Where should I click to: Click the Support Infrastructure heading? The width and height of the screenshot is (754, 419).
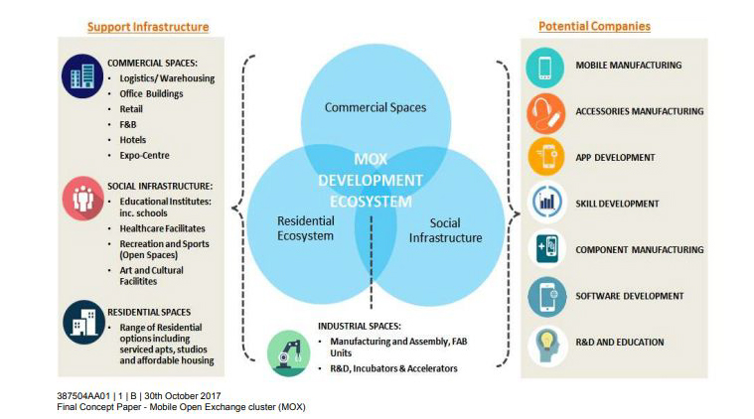coord(148,27)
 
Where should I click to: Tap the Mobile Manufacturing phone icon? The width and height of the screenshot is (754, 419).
coord(545,67)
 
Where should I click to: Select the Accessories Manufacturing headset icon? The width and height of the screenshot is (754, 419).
coord(545,112)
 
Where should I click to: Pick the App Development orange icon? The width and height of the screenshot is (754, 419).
coord(545,158)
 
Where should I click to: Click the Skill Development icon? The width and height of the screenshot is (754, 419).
coord(545,204)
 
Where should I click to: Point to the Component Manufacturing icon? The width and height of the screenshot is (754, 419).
coord(545,249)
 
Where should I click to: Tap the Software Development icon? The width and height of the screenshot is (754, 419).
coord(545,296)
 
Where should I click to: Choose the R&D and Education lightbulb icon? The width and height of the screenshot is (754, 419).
coord(545,343)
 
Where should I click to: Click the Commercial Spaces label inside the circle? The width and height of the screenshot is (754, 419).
coord(375,107)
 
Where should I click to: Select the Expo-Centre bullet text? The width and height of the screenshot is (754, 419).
coord(144,156)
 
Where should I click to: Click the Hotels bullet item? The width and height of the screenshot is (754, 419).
coord(132,140)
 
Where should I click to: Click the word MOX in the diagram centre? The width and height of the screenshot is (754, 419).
coord(370,159)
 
